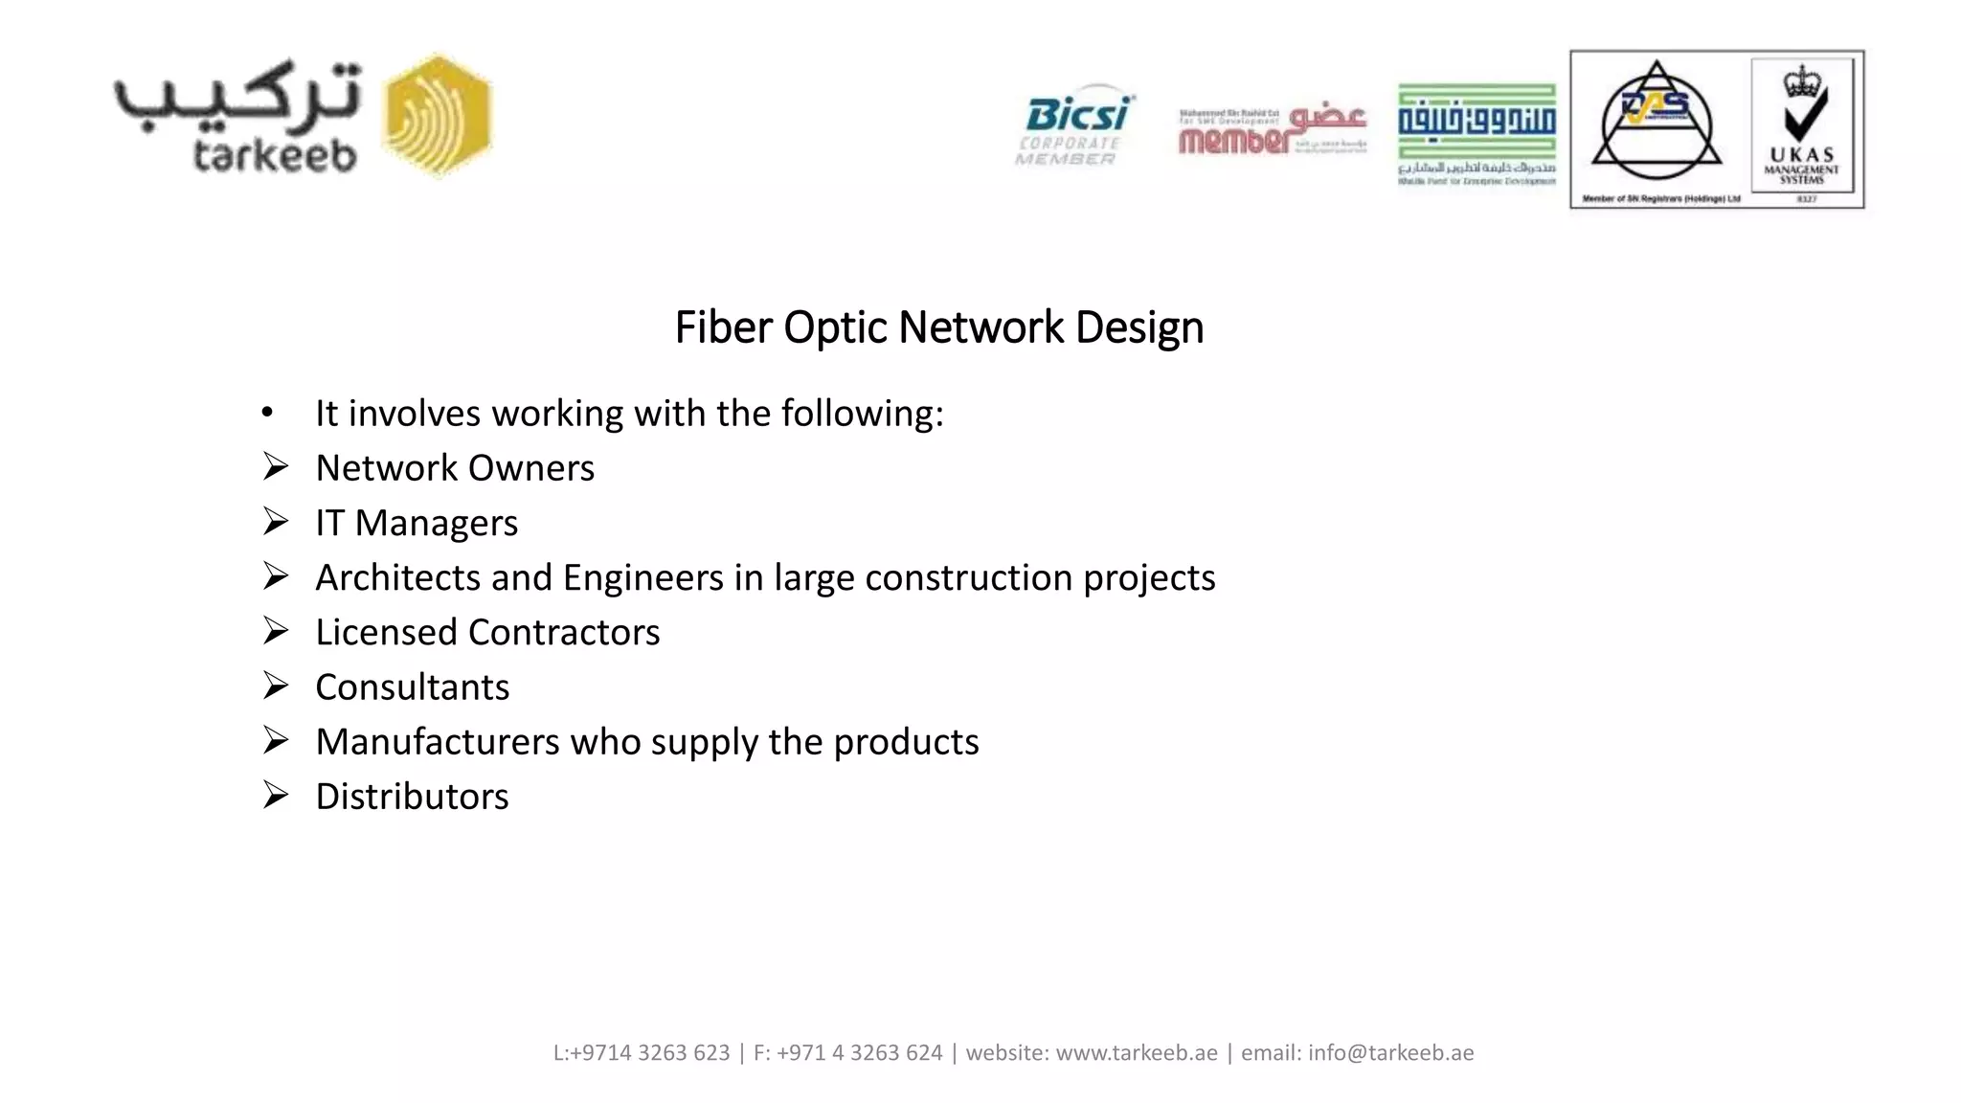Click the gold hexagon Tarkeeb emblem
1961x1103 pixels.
coord(437,116)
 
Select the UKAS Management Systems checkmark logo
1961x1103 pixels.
coord(1801,128)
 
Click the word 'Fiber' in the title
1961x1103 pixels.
coord(723,327)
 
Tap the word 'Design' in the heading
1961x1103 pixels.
coord(1139,327)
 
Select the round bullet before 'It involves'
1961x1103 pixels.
coord(267,413)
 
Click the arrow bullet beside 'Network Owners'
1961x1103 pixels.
coord(276,467)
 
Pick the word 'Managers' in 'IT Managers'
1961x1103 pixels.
coord(437,523)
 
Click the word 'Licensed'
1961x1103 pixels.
coord(386,632)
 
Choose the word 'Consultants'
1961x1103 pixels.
coord(413,687)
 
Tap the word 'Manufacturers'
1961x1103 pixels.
coord(438,742)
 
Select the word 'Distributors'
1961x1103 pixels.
coord(413,797)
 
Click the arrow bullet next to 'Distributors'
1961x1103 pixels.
coord(276,796)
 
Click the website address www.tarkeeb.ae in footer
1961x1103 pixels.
coord(1137,1053)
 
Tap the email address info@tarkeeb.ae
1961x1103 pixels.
coord(1390,1053)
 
